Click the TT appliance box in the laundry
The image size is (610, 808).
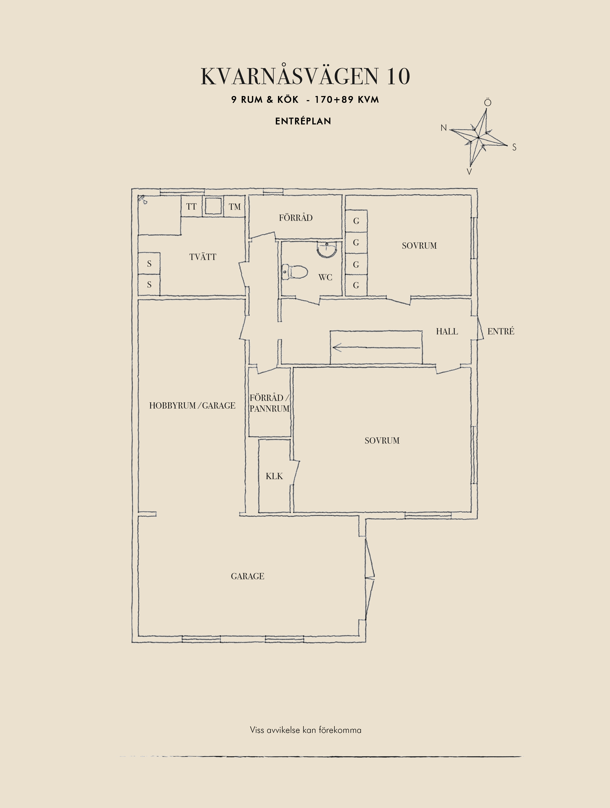pyautogui.click(x=191, y=206)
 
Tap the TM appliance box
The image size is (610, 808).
pyautogui.click(x=234, y=207)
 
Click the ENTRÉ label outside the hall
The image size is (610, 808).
pyautogui.click(x=501, y=331)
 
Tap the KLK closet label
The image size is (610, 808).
pyautogui.click(x=274, y=476)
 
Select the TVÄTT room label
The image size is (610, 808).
pyautogui.click(x=203, y=257)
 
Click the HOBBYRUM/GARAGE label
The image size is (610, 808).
pyautogui.click(x=192, y=405)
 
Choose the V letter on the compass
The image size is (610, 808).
pyautogui.click(x=469, y=172)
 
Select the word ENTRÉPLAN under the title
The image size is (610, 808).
pyautogui.click(x=303, y=121)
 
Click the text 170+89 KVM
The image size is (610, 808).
pyautogui.click(x=347, y=100)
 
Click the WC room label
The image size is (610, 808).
pyautogui.click(x=325, y=277)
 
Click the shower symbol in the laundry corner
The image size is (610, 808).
pyautogui.click(x=142, y=199)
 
